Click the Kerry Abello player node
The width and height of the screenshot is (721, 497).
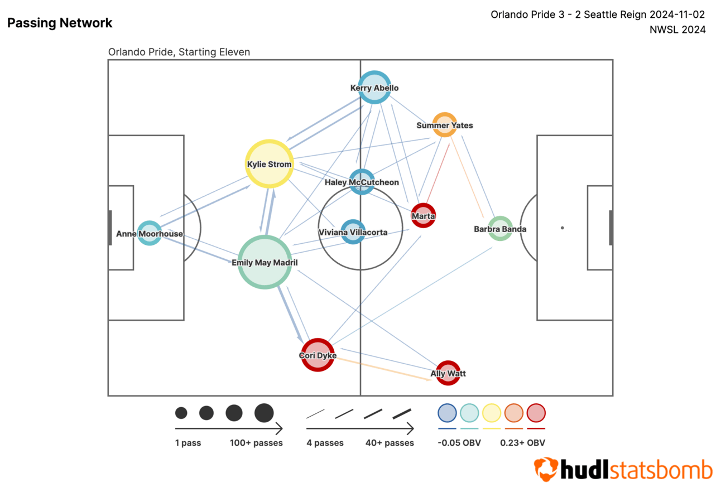tap(374, 87)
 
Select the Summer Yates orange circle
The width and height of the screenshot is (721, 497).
tap(445, 125)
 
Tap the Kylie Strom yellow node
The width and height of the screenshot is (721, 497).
tap(269, 163)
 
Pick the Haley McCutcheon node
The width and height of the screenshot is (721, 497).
tap(362, 181)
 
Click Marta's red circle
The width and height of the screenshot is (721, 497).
tap(423, 215)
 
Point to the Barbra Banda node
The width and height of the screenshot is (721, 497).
tap(500, 228)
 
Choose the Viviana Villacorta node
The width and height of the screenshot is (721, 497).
tap(353, 231)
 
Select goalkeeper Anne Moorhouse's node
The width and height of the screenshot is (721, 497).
tap(149, 233)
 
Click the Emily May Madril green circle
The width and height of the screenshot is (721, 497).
tap(265, 262)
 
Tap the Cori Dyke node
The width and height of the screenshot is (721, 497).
tap(318, 355)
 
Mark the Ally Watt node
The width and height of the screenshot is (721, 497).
tap(448, 373)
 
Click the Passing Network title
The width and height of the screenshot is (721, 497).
tap(60, 23)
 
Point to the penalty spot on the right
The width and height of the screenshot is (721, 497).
tap(562, 228)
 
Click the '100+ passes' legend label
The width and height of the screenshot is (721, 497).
tap(256, 443)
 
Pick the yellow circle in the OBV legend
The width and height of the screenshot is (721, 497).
tap(491, 413)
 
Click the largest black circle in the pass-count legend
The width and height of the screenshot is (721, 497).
tap(264, 413)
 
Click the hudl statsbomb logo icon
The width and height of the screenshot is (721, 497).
tap(546, 469)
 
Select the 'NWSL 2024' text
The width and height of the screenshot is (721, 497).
tap(677, 30)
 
